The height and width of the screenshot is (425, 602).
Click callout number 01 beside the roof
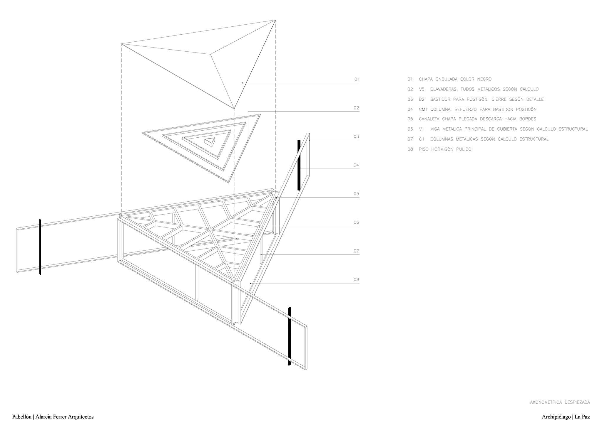point(357,79)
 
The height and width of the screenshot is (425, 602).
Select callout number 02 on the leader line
point(356,108)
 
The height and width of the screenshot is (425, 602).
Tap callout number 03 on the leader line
point(356,136)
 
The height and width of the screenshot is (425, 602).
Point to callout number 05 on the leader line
point(356,194)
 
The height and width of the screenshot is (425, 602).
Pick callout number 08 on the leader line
point(356,280)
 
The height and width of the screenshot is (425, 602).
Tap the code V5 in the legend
point(422,89)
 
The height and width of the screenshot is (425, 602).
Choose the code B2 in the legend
point(422,99)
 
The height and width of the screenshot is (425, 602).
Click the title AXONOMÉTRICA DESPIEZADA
point(560,402)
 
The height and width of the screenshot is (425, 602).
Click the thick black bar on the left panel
point(40,247)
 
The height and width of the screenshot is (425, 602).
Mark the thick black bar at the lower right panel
point(290,336)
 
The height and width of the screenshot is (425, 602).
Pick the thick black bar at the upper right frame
point(299,165)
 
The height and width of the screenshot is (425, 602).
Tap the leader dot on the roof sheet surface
point(242,83)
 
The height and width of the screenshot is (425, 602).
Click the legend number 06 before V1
point(410,129)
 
